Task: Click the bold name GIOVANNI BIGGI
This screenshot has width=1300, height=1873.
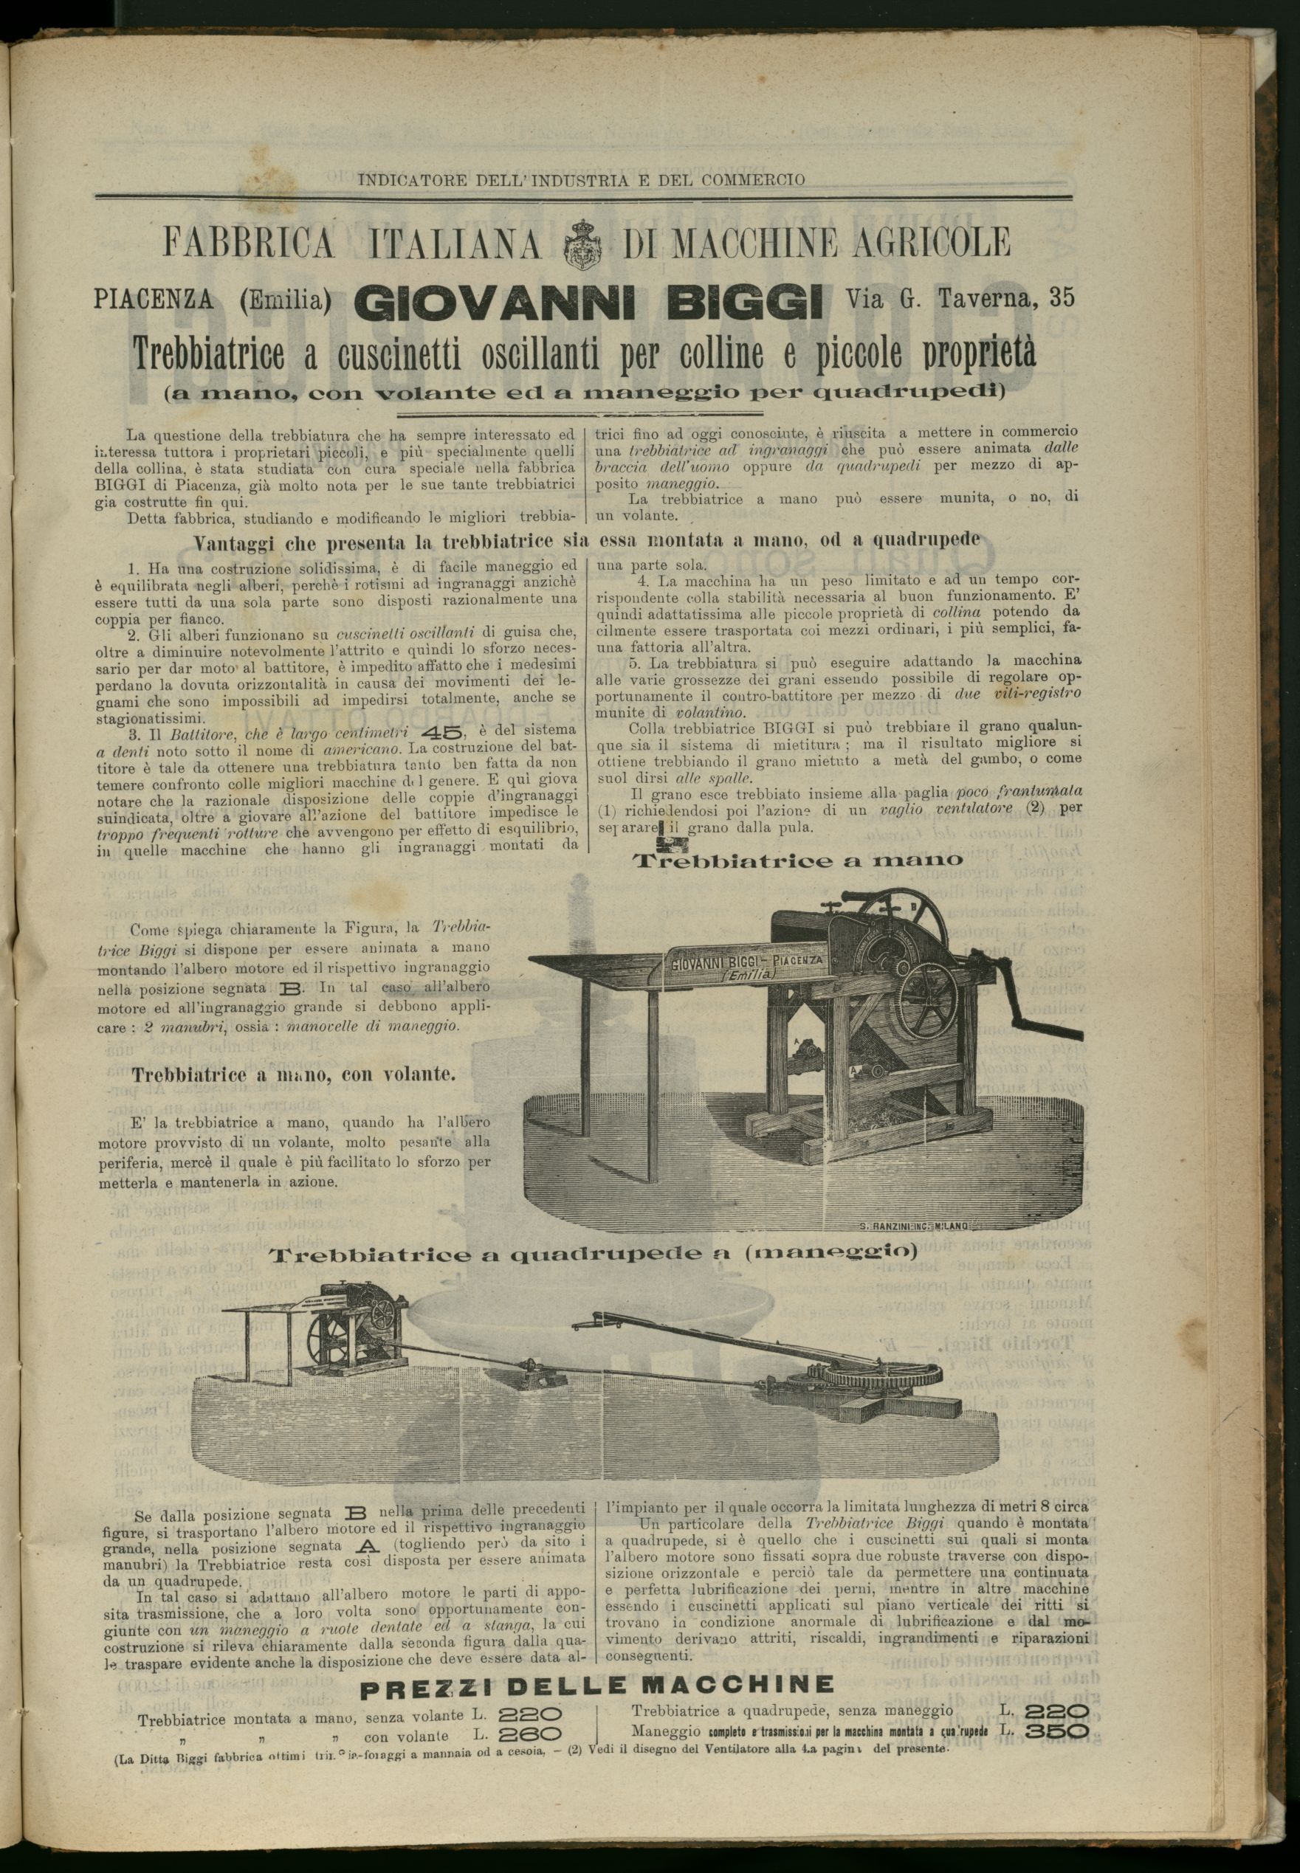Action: [588, 300]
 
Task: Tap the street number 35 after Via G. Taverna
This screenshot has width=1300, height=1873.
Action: [1062, 297]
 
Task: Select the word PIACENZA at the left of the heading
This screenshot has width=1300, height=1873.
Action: [154, 300]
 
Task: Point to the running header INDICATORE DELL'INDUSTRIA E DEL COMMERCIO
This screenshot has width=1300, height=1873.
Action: [582, 180]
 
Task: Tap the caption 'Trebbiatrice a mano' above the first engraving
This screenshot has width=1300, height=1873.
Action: [797, 860]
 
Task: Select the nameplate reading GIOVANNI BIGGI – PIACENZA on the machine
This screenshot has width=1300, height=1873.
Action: [747, 965]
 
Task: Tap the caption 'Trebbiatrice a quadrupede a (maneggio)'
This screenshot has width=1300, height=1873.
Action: [593, 1255]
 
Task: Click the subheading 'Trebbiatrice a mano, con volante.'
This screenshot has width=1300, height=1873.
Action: [294, 1074]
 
